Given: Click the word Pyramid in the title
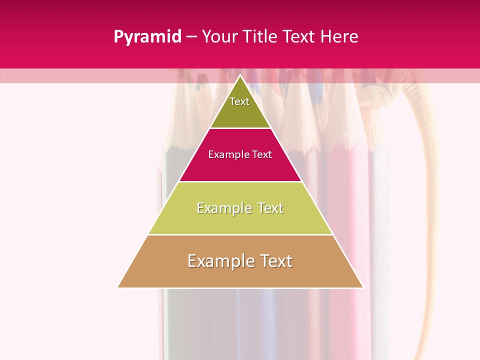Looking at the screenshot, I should pyautogui.click(x=147, y=37).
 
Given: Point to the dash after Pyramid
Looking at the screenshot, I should pyautogui.click(x=191, y=37).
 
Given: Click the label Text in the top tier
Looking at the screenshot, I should pyautogui.click(x=239, y=101).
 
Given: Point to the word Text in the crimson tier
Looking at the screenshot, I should pyautogui.click(x=262, y=155).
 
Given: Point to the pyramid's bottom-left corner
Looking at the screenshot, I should pyautogui.click(x=118, y=287).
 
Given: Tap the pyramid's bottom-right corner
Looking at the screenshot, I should pyautogui.click(x=363, y=287).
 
